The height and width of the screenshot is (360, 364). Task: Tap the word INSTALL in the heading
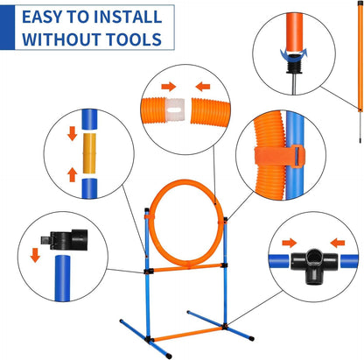129,16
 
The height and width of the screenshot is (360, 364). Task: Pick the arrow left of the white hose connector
164,87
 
